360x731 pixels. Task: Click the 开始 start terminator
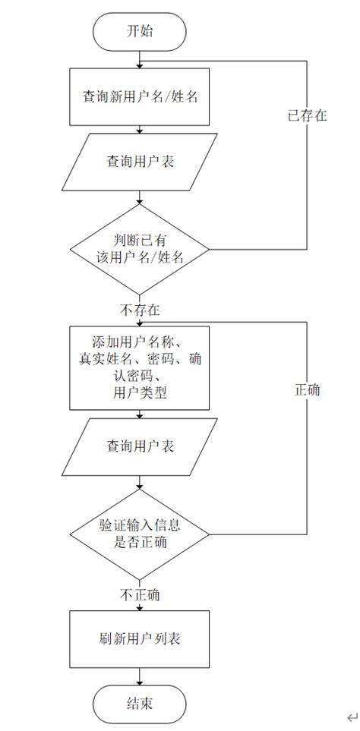coord(139,31)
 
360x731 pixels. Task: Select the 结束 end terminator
coord(139,704)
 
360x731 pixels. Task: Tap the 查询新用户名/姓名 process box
coord(139,97)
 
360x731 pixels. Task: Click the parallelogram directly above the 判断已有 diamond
coord(139,162)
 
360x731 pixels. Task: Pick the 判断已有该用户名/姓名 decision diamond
coord(139,249)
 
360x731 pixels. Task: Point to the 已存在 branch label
coord(307,116)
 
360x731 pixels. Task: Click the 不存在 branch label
coord(139,310)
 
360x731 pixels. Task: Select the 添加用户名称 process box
coord(139,368)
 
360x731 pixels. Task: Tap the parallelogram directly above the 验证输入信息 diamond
coord(139,446)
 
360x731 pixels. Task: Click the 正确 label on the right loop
coord(307,390)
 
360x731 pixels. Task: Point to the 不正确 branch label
coord(139,594)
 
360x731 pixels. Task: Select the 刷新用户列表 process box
coord(139,639)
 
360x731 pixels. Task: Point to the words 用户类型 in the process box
coord(139,392)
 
